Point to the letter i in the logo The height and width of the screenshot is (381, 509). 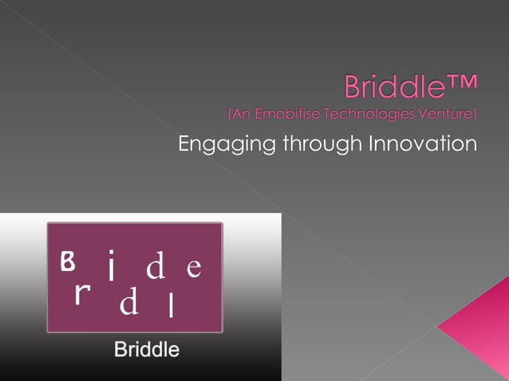click(112, 267)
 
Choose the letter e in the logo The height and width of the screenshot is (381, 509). click(193, 268)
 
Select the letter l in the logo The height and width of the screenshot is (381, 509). click(172, 304)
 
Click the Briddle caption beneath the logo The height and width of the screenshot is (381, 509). click(147, 349)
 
